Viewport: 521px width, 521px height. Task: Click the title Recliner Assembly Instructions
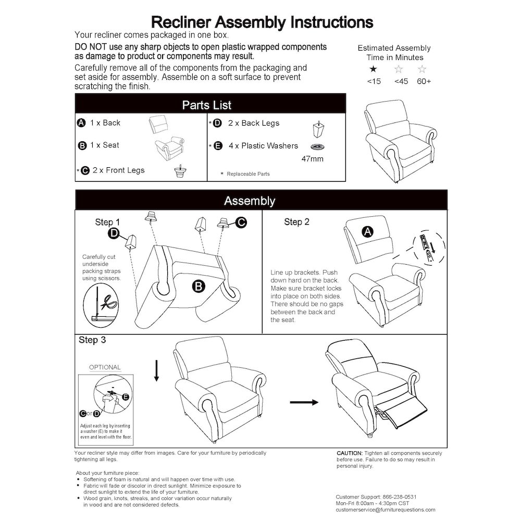tap(262, 22)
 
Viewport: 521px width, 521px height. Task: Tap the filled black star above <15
tap(373, 69)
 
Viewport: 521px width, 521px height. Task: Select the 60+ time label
tap(424, 81)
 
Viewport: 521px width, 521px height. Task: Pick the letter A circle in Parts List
tap(81, 123)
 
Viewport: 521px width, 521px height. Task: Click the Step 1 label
tap(107, 222)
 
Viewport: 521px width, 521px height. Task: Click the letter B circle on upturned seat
tap(198, 285)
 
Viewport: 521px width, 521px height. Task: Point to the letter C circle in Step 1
tap(241, 222)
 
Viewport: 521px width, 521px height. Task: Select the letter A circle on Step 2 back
tap(367, 232)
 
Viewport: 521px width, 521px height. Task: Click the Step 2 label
tap(296, 222)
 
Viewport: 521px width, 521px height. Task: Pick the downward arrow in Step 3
tap(156, 371)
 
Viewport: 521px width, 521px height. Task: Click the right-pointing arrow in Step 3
tap(304, 402)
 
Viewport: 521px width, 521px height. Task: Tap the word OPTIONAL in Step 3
tap(105, 367)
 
